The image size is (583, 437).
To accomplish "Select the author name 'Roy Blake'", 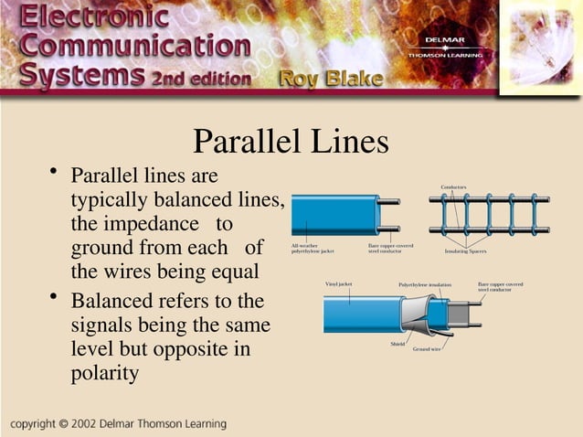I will click(331, 79).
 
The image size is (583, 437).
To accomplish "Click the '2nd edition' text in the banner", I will click(199, 79).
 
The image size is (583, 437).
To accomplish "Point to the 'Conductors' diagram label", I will click(453, 187).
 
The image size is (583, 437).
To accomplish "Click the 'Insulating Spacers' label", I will click(465, 250).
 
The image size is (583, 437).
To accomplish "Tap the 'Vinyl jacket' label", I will click(339, 284).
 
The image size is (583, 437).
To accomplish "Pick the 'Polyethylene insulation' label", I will click(425, 284).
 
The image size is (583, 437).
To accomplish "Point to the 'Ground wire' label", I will click(427, 349).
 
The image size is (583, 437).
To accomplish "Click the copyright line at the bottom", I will click(119, 424).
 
